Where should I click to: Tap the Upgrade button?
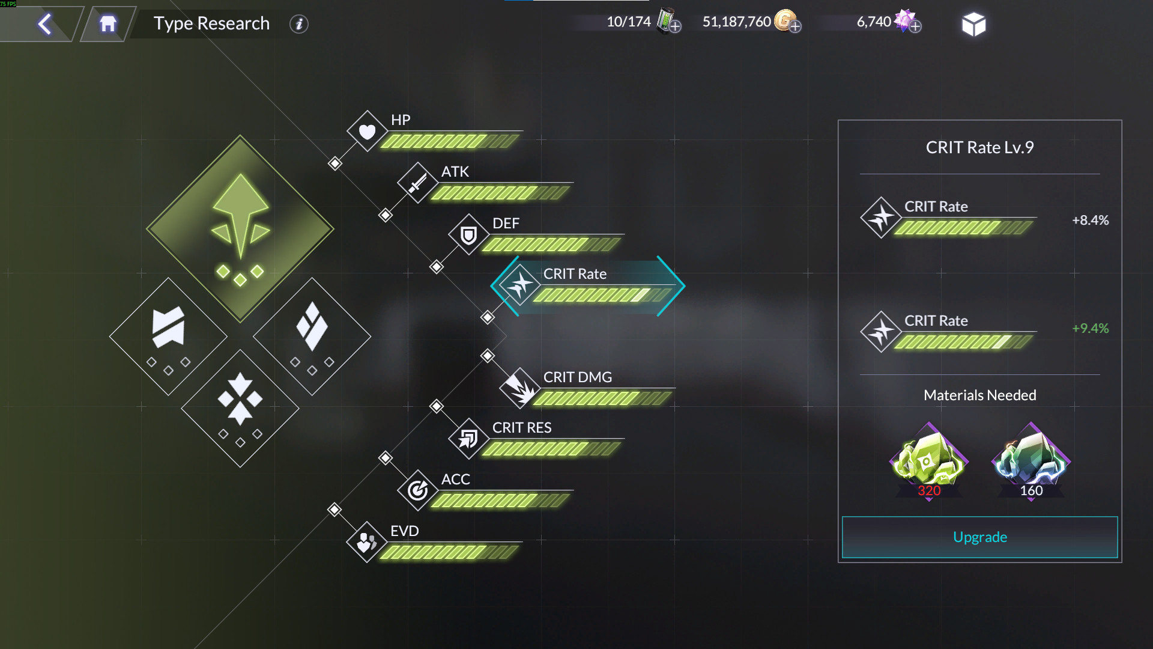[x=979, y=537]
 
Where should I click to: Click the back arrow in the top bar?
[x=45, y=24]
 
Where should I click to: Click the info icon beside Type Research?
[x=298, y=24]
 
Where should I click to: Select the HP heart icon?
[x=367, y=131]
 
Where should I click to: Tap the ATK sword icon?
[x=417, y=183]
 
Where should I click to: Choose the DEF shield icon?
[x=468, y=234]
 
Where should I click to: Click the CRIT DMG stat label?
[x=577, y=377]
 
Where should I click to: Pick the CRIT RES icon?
[x=468, y=439]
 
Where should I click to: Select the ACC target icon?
[x=417, y=490]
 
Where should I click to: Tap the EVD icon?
[x=366, y=542]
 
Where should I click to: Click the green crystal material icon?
[x=928, y=460]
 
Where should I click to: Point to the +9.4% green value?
[x=1090, y=328]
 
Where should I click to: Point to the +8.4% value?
[x=1090, y=220]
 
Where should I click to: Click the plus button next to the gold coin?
[x=795, y=26]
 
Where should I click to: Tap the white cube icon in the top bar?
[x=973, y=25]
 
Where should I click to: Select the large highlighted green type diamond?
[x=240, y=228]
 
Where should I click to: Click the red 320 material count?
[x=929, y=490]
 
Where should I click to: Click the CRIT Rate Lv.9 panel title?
[x=979, y=147]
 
